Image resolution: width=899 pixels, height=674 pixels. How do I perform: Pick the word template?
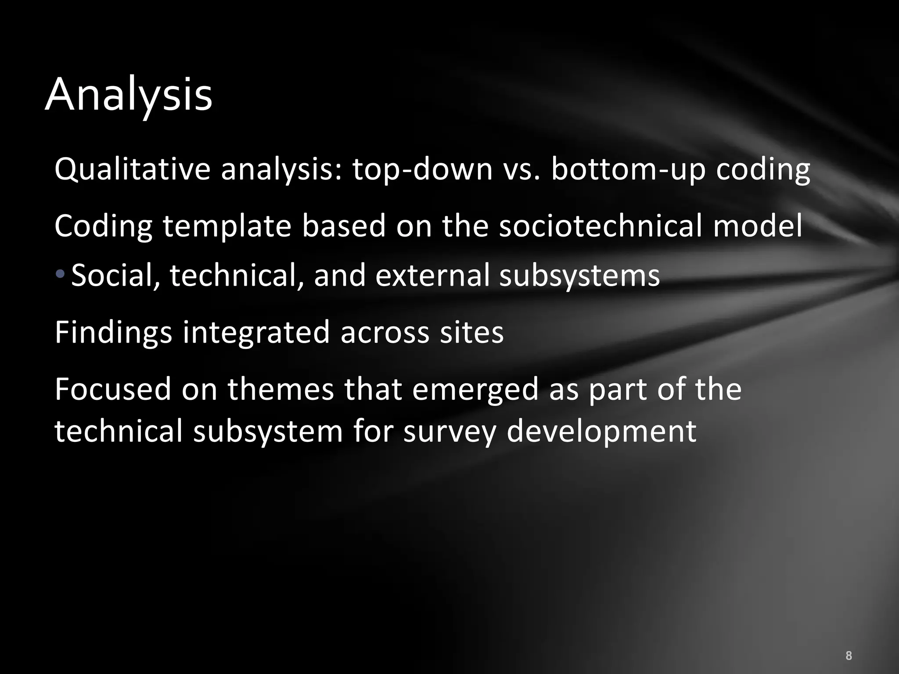click(x=227, y=226)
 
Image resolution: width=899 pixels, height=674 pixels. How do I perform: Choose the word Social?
click(x=115, y=275)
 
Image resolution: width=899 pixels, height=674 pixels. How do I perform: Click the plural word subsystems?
click(x=579, y=276)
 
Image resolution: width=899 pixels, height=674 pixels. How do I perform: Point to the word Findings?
click(x=113, y=332)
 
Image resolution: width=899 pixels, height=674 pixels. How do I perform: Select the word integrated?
click(x=256, y=332)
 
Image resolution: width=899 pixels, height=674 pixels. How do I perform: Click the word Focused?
click(x=113, y=389)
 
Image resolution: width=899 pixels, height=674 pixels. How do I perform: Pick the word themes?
click(x=280, y=389)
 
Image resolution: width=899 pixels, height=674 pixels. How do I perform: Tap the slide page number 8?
click(x=849, y=643)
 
